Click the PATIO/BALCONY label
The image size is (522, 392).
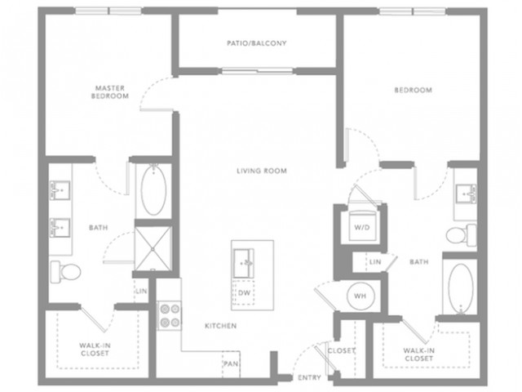pos(257,43)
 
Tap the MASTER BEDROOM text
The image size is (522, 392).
pos(110,92)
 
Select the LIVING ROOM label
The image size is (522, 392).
pos(262,171)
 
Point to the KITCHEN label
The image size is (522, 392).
pos(221,326)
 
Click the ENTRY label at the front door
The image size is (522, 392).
pos(309,377)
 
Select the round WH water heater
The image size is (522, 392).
pos(361,296)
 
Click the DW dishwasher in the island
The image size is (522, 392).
pos(244,292)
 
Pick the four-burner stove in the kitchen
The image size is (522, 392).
pos(170,316)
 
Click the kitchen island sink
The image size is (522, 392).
pos(244,263)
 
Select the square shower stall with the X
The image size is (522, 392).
pos(153,248)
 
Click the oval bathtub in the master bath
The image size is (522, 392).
pos(153,190)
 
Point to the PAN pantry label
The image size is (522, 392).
pos(231,363)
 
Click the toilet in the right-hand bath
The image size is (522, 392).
pos(462,235)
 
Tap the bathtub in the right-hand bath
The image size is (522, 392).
pos(460,288)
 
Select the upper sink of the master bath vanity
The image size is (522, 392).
pos(60,190)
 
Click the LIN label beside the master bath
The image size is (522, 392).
pos(141,291)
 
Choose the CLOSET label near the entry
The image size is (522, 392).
pos(342,350)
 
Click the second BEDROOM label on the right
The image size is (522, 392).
pos(414,90)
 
